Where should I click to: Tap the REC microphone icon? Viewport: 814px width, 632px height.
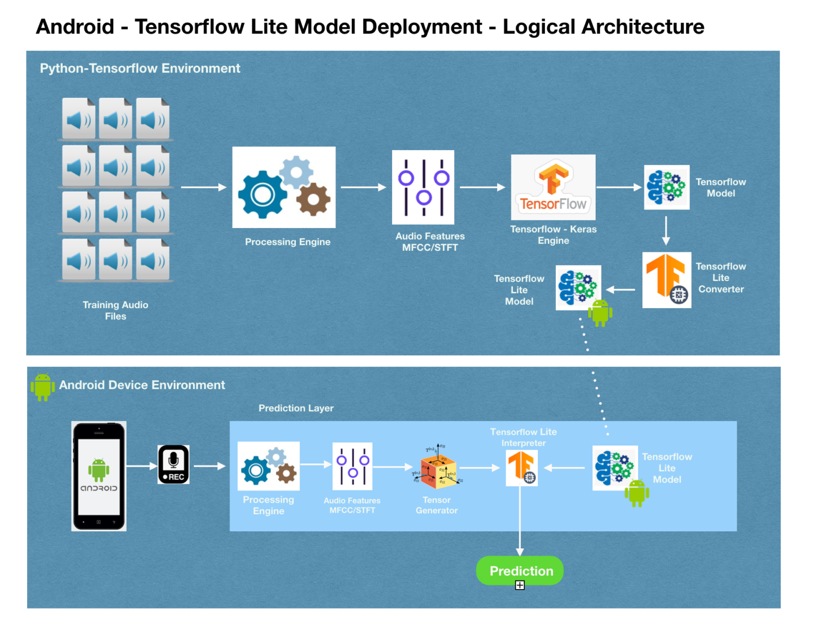(173, 464)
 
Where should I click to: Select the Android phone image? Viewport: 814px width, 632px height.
(99, 476)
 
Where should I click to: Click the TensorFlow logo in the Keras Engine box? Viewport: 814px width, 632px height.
(553, 187)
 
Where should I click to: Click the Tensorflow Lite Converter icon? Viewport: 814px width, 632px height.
(667, 280)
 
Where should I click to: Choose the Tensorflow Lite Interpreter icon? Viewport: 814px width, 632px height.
(522, 468)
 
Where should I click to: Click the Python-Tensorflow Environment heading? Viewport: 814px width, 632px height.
(140, 68)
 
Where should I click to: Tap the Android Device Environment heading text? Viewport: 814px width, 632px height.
(142, 385)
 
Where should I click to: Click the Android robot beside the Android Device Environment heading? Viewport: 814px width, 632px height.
(42, 387)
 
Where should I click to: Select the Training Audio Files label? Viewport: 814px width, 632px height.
(116, 311)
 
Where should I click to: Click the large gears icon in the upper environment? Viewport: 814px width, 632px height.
(284, 187)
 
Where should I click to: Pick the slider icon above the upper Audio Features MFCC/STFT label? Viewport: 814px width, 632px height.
(423, 187)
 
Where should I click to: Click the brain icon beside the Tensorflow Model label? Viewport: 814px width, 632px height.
(667, 187)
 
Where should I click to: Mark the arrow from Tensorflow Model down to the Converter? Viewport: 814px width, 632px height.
(666, 231)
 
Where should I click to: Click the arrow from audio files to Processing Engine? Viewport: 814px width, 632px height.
(203, 187)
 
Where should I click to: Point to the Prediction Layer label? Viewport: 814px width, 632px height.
(296, 408)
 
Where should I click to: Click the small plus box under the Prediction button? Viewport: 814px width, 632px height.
(520, 585)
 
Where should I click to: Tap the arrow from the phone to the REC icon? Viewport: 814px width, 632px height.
(141, 466)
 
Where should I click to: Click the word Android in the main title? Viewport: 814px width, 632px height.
(75, 27)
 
